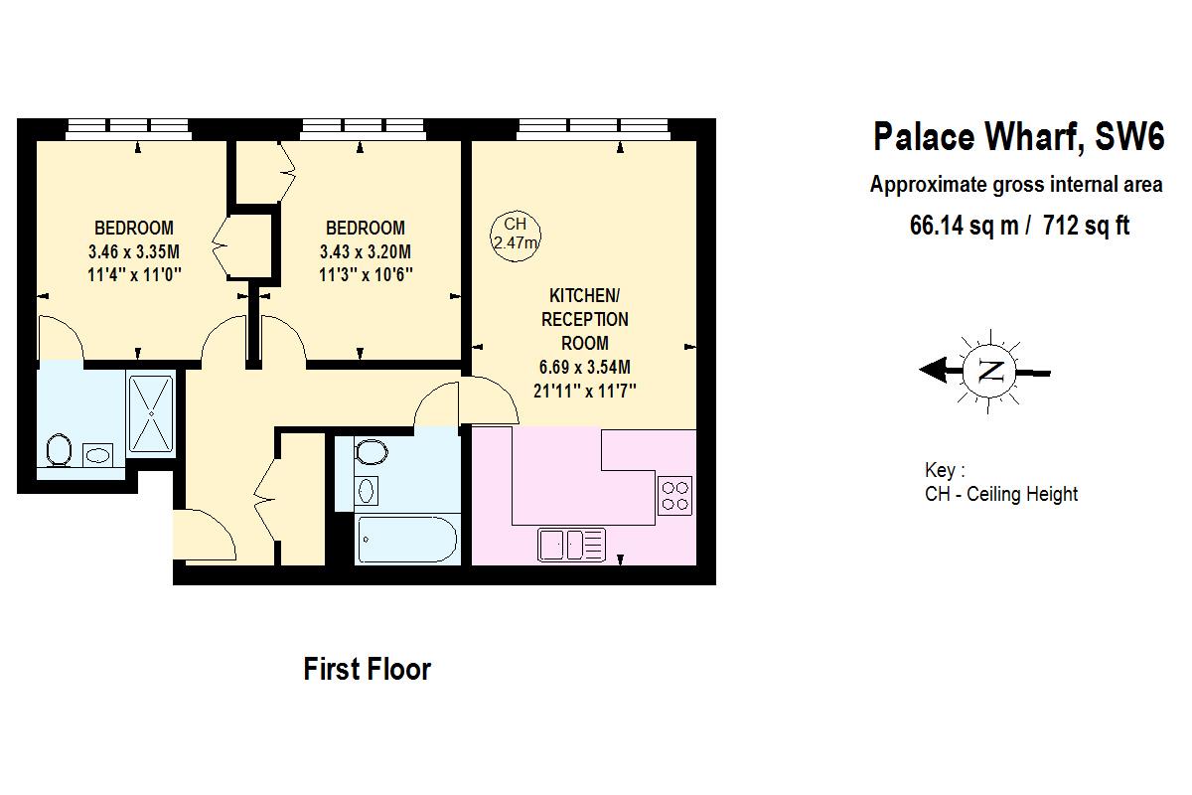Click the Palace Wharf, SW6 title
[1018, 136]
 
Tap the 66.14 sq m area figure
[964, 226]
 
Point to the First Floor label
[367, 669]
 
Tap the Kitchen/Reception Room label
[584, 319]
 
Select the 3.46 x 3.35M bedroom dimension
[133, 250]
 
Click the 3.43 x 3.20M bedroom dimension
[366, 250]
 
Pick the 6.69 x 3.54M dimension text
[584, 367]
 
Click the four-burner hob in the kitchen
[675, 494]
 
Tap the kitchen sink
[572, 544]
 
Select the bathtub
[407, 540]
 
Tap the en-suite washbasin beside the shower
[98, 455]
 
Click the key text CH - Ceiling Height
[1000, 494]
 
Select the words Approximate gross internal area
[1016, 184]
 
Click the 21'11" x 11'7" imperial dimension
[584, 391]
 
